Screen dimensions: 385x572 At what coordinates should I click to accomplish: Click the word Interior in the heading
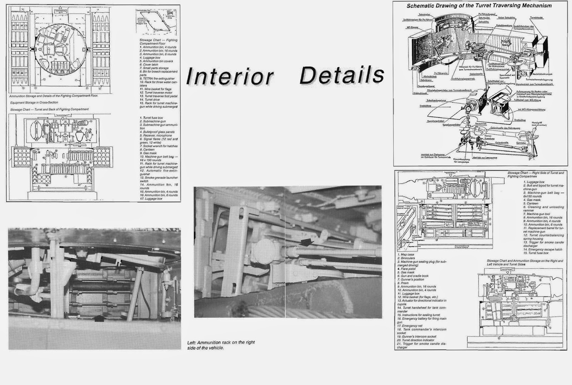point(230,76)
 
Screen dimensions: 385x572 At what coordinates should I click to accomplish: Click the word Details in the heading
point(342,75)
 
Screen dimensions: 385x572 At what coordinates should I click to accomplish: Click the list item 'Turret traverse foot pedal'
point(159,96)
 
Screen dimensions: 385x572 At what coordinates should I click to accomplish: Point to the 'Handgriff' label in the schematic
point(538,122)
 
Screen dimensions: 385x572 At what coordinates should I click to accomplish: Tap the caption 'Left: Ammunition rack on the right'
point(221,342)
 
